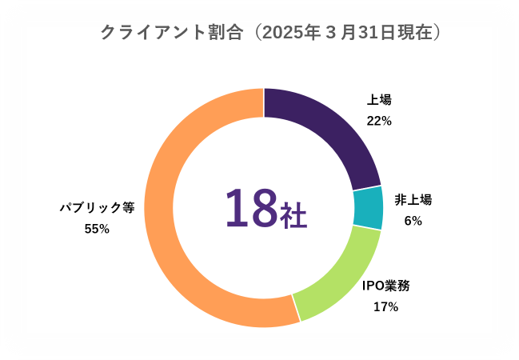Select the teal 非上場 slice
click(x=368, y=208)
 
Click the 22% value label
click(x=379, y=122)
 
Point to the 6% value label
click(x=413, y=221)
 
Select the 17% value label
click(x=386, y=307)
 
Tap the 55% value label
click(x=97, y=229)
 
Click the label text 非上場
click(x=413, y=200)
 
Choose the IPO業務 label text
click(x=386, y=286)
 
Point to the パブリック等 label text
click(x=97, y=208)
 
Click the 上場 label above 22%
click(x=379, y=100)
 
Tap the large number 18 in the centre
click(x=251, y=208)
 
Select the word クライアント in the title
click(x=154, y=33)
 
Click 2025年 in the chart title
click(x=291, y=33)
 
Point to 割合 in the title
click(x=226, y=33)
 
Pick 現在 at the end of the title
click(x=415, y=33)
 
